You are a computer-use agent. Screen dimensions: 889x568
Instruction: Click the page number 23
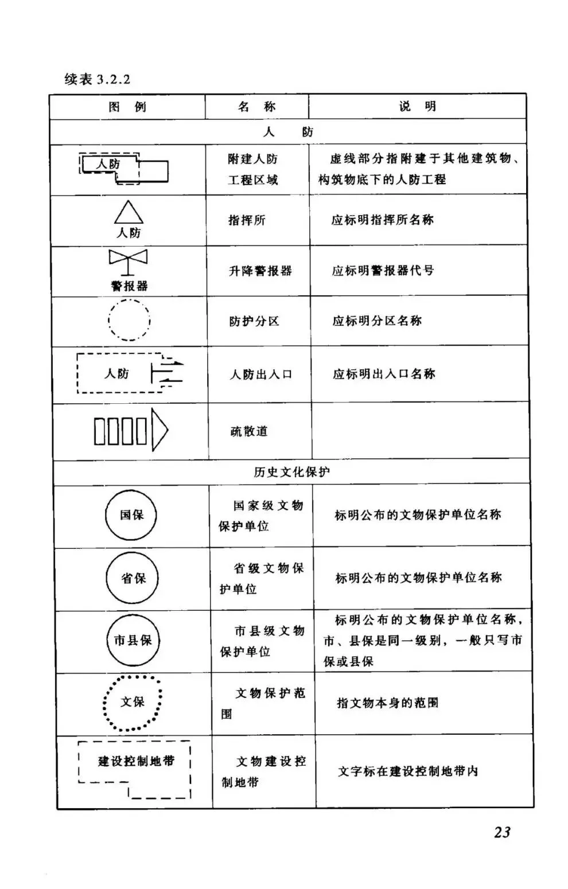tap(502, 832)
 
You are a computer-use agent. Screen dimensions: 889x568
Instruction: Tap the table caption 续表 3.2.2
tap(98, 79)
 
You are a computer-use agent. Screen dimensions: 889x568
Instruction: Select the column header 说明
tap(418, 106)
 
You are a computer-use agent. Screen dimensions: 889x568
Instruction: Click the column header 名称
tap(257, 106)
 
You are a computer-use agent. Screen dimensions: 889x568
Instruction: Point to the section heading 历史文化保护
tap(291, 472)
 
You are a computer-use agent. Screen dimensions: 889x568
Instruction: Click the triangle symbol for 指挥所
tap(129, 213)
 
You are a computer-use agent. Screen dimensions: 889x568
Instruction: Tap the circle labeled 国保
tap(131, 515)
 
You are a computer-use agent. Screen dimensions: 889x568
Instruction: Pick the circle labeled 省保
tap(133, 578)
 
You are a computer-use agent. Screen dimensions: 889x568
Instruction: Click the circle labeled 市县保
tap(133, 641)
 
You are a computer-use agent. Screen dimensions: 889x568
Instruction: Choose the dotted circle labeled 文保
tap(133, 703)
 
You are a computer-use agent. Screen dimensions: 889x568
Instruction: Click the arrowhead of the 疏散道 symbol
tap(159, 430)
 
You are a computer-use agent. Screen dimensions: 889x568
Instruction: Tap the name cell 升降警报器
tap(260, 271)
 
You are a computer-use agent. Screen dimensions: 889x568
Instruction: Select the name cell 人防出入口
tap(261, 375)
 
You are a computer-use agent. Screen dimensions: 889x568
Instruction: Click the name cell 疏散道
tap(249, 431)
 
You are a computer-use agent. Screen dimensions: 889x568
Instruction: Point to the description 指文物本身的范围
tap(387, 703)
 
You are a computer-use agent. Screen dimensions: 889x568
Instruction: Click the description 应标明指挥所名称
tap(382, 220)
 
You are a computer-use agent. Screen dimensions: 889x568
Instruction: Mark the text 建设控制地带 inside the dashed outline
tap(135, 761)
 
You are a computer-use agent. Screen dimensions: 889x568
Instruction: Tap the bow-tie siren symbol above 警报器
tap(128, 259)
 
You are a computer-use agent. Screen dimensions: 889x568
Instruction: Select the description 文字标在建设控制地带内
tap(407, 771)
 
